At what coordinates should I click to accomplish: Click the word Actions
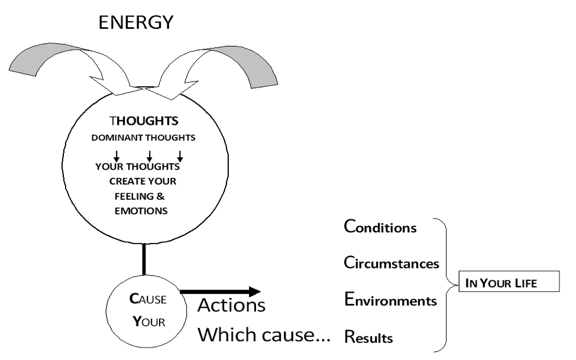coord(231,306)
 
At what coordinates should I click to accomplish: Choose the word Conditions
coord(381,228)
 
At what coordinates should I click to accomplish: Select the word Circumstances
coord(391,263)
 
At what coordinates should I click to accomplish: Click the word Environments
coord(390,301)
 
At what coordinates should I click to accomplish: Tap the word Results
coord(368,338)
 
